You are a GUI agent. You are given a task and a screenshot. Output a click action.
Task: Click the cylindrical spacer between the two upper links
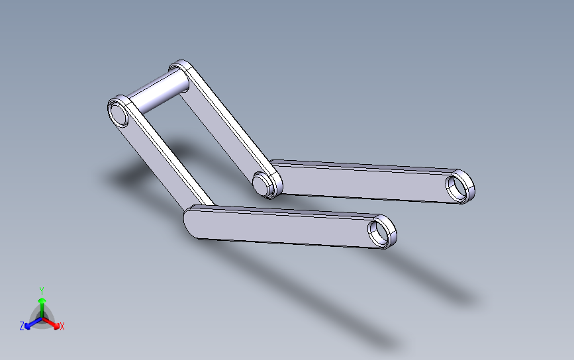(x=158, y=91)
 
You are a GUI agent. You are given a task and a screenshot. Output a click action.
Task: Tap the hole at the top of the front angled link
(x=118, y=114)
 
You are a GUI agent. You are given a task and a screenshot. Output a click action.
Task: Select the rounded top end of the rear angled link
(x=181, y=67)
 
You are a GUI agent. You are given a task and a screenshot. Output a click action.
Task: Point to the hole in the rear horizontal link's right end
(x=457, y=187)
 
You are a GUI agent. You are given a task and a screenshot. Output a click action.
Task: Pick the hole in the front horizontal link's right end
(x=379, y=233)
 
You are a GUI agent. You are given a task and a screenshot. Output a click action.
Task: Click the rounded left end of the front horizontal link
(x=191, y=221)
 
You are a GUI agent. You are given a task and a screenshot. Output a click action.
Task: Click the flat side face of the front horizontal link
(x=282, y=228)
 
